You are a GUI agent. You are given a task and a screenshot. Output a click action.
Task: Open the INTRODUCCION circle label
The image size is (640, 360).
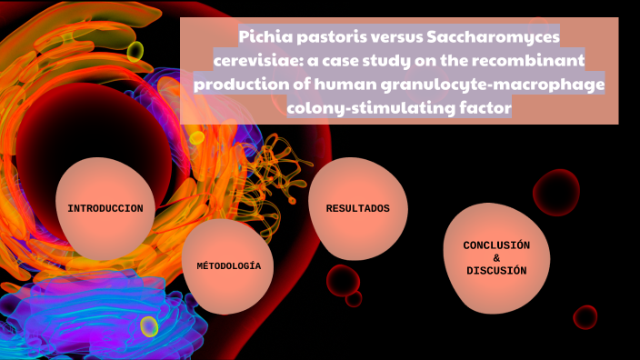pos(105,208)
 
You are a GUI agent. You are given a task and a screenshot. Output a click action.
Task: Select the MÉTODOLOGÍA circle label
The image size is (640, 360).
pos(228,266)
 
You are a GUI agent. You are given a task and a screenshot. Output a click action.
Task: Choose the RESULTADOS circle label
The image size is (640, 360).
pos(358,208)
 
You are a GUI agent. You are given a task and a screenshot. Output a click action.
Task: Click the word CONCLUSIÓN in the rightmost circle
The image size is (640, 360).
pos(496,245)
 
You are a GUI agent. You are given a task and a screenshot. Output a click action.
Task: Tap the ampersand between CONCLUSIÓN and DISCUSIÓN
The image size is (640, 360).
pos(496,258)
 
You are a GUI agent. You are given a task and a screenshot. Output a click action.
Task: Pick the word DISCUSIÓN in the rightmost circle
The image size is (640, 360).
pos(496,271)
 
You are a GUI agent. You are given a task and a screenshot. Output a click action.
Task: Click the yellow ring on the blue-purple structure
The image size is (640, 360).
pos(149,325)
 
